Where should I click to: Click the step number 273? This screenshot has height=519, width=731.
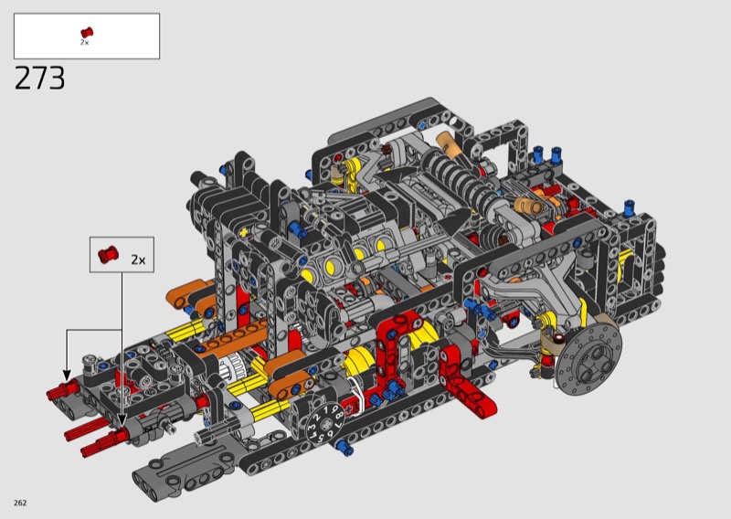point(39,78)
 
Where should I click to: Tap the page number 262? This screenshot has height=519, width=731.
point(20,503)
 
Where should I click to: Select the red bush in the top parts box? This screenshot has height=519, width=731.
point(87,32)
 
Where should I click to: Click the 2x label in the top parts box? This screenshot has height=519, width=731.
point(84,42)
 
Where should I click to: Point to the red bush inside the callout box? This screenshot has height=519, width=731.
point(108,254)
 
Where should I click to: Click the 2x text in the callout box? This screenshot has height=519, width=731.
point(138,259)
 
